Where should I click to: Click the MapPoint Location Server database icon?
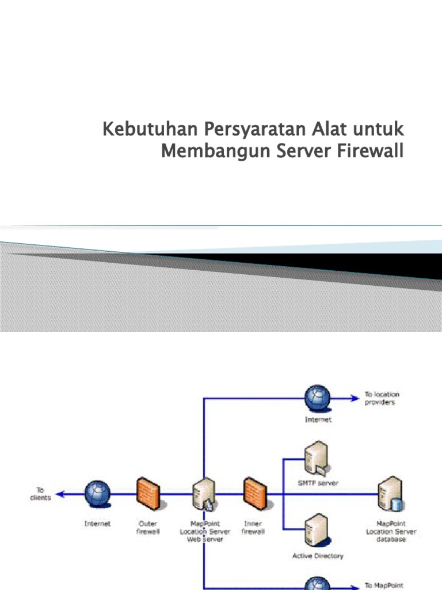tap(390, 495)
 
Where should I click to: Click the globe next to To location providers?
tap(318, 398)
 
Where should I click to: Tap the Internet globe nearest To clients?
tap(97, 494)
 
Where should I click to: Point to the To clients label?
tap(40, 494)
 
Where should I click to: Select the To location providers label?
tap(382, 398)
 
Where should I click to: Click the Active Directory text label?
tap(318, 556)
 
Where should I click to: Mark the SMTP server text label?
tap(318, 483)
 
